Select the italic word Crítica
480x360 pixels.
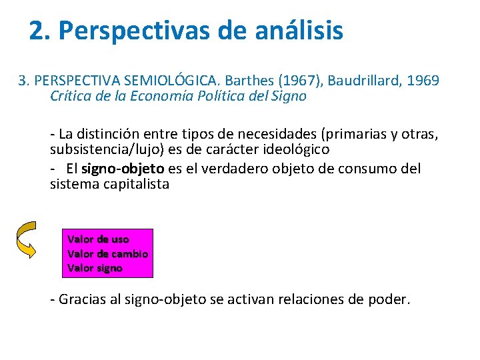[71, 96]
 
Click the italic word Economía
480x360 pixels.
[165, 96]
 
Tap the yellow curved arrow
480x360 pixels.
[26, 240]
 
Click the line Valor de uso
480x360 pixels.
[99, 239]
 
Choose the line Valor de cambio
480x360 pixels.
[108, 253]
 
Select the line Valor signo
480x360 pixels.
[95, 268]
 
